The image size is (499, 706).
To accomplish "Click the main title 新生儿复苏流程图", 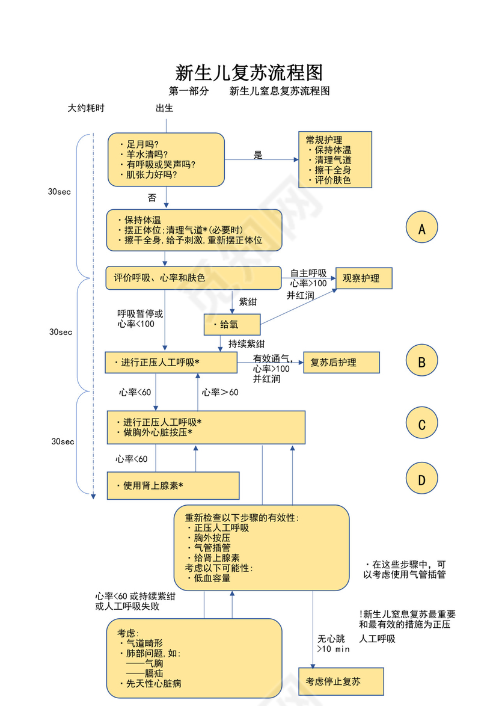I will [x=249, y=73].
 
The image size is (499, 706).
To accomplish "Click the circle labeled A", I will [x=421, y=228].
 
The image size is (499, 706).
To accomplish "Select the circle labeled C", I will [x=421, y=425].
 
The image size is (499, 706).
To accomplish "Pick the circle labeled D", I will [x=421, y=479].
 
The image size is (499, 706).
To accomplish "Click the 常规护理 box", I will [x=335, y=159].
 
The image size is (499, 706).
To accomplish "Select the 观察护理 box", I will [x=363, y=278].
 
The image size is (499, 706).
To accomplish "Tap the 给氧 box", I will [x=232, y=325].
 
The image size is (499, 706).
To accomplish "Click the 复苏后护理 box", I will [x=341, y=363].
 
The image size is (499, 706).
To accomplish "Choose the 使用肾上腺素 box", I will [x=173, y=485].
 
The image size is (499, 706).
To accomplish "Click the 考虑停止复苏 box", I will [x=341, y=681].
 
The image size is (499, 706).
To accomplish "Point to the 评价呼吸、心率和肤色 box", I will [x=193, y=278].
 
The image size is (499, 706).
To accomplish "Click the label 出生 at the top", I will [x=165, y=108].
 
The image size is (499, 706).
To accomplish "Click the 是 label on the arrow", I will [x=258, y=155].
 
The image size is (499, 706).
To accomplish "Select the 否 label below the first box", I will [x=152, y=197].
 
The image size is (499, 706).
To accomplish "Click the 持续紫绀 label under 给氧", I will [x=246, y=344].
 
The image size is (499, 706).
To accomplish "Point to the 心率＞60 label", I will [x=220, y=392].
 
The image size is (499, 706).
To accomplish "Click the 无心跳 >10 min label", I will [x=332, y=643].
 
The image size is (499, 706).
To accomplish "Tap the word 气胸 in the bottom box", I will [x=153, y=663].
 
